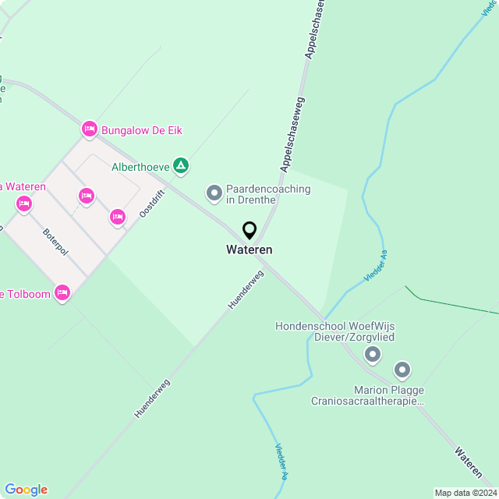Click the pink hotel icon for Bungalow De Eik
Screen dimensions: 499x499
pyautogui.click(x=89, y=129)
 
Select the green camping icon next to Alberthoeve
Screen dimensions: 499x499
pyautogui.click(x=181, y=165)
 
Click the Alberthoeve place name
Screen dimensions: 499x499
pyautogui.click(x=140, y=166)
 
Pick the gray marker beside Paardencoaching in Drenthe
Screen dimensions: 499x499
pyautogui.click(x=214, y=193)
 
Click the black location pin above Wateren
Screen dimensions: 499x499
pyautogui.click(x=249, y=231)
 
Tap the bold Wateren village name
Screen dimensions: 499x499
pyautogui.click(x=249, y=250)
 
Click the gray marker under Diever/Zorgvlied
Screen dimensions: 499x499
pyautogui.click(x=373, y=355)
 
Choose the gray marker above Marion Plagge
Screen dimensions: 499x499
pyautogui.click(x=402, y=369)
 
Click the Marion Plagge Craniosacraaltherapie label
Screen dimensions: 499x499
pyautogui.click(x=366, y=395)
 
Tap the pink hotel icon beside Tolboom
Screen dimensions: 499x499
pyautogui.click(x=62, y=293)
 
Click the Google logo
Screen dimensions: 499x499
pyautogui.click(x=26, y=490)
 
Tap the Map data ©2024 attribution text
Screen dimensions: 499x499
pyautogui.click(x=465, y=493)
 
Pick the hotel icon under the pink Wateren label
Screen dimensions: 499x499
pyautogui.click(x=23, y=204)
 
